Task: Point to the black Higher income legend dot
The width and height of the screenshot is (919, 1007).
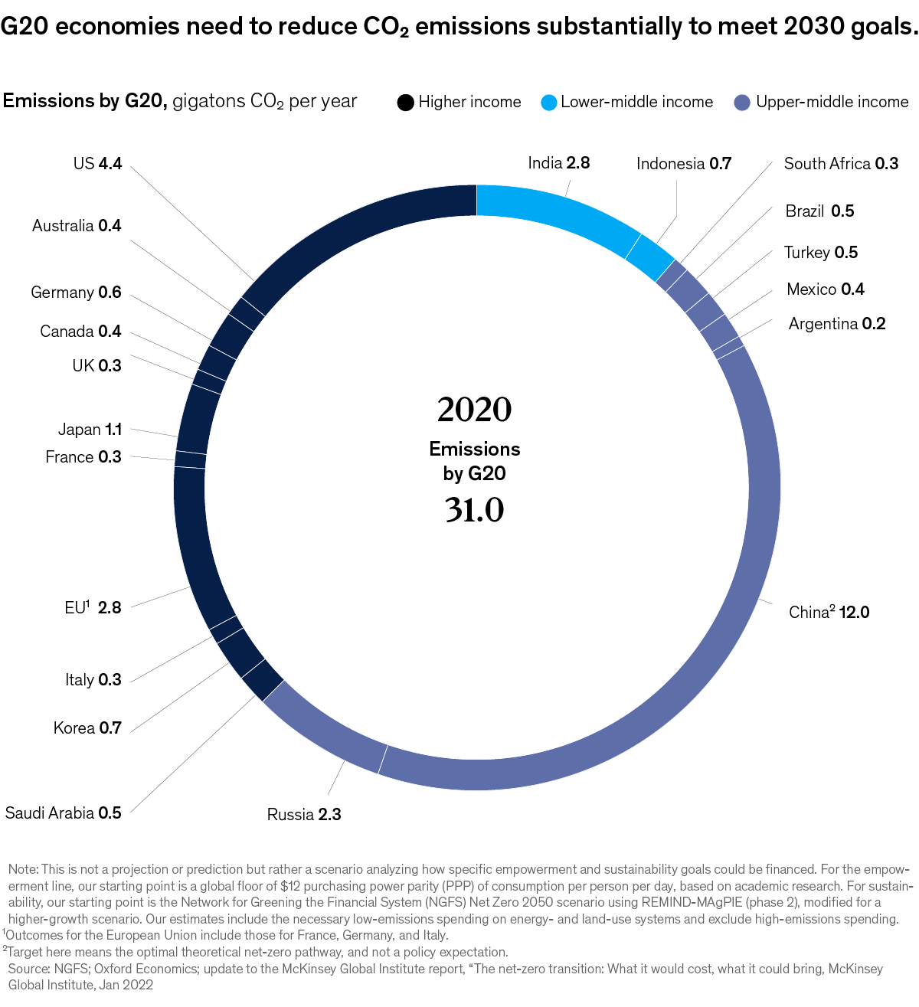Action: point(405,103)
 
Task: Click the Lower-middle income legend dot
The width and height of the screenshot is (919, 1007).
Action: point(548,103)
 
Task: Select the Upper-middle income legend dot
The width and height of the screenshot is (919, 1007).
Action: point(741,103)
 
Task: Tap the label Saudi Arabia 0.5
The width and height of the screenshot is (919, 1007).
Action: point(64,812)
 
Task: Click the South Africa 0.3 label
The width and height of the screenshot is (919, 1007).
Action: point(840,163)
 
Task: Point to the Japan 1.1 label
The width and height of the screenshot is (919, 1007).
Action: point(90,430)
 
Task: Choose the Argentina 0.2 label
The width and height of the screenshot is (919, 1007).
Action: point(836,323)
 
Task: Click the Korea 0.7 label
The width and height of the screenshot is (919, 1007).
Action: point(87,727)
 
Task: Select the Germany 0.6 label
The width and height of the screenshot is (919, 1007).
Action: point(76,293)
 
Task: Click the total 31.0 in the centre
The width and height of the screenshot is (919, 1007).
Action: point(474,510)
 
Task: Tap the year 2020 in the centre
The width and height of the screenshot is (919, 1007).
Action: point(474,410)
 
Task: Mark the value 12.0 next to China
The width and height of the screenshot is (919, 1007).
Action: point(854,613)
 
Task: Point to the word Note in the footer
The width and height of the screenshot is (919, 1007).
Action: point(22,869)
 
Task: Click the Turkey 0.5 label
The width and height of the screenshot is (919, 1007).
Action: point(820,253)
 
